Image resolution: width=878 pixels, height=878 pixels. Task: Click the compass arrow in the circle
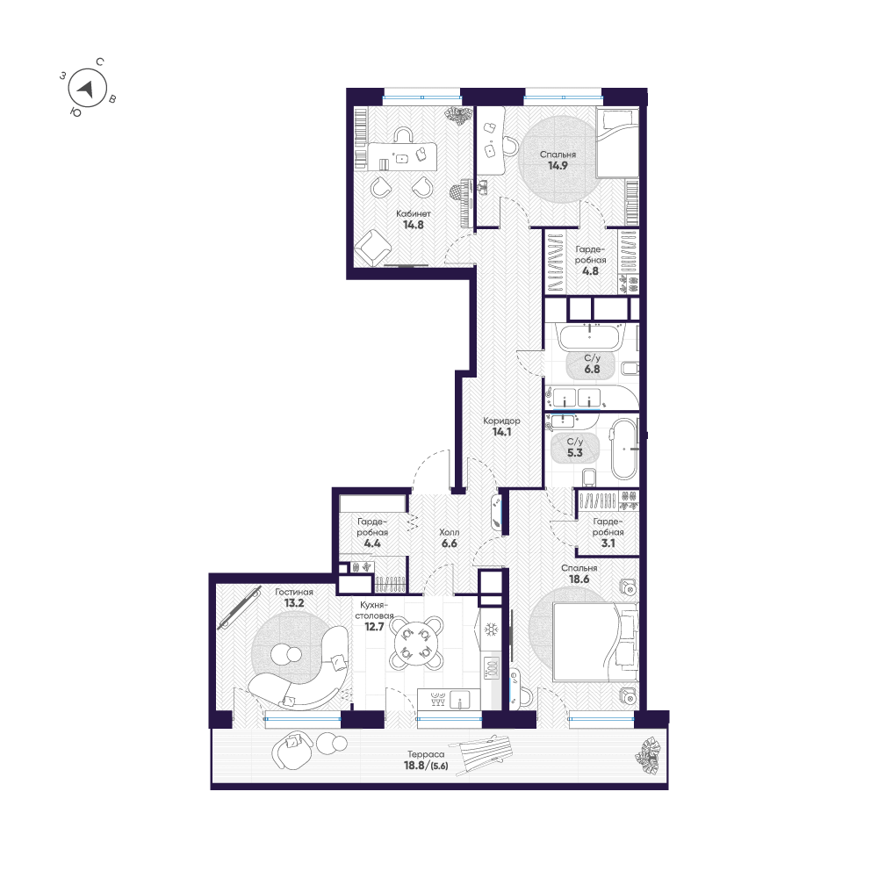[86, 89]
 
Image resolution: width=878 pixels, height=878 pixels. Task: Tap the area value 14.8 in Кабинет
[414, 225]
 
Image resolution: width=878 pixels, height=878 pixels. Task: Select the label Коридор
[501, 421]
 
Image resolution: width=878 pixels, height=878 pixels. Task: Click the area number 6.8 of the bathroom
[592, 369]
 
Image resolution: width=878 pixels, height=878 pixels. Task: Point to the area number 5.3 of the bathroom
[575, 452]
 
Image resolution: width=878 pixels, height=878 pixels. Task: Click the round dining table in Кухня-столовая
[416, 643]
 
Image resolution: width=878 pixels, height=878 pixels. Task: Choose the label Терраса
[426, 754]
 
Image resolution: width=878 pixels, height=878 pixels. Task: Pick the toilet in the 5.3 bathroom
[588, 477]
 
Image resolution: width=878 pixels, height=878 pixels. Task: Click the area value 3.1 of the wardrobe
[608, 543]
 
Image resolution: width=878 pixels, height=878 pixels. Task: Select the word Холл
[449, 532]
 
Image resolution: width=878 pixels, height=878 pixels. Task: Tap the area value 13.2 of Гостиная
[294, 603]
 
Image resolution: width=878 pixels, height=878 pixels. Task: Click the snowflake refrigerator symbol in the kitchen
[491, 630]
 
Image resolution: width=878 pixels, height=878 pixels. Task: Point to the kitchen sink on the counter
[461, 700]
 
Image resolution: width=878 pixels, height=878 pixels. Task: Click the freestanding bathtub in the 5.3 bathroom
[623, 449]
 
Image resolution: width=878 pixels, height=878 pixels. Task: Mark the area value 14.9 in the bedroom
[558, 166]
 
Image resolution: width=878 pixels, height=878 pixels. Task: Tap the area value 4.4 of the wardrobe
[372, 543]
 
